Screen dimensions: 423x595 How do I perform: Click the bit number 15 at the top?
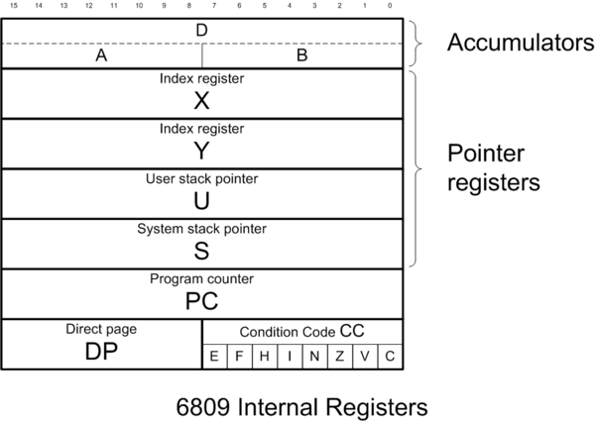[x=13, y=6]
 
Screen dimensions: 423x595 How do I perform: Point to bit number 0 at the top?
[x=391, y=6]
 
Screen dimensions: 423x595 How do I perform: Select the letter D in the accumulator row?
[x=202, y=31]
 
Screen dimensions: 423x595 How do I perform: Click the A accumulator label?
[x=101, y=55]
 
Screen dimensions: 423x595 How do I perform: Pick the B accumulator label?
[x=302, y=55]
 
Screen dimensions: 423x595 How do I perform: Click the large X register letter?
[x=202, y=101]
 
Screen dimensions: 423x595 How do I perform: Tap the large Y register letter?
[x=202, y=151]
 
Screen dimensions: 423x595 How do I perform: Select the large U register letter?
[x=202, y=200]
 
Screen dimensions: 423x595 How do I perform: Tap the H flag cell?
[x=265, y=357]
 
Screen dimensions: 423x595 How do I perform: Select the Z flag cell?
[x=340, y=357]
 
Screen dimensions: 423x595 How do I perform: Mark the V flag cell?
[x=365, y=357]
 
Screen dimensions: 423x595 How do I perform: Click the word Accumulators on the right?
[x=513, y=44]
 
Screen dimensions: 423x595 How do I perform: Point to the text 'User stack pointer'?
[x=202, y=179]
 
